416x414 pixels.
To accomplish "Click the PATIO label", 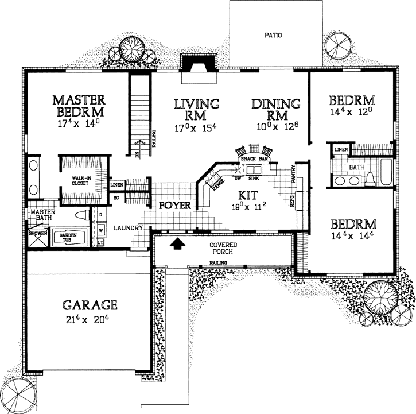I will [273, 35].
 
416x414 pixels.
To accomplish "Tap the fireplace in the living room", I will [198, 63].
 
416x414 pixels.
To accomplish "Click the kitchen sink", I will [253, 170].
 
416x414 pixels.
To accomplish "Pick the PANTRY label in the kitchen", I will [293, 175].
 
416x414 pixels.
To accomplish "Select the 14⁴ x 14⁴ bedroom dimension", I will [352, 235].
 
